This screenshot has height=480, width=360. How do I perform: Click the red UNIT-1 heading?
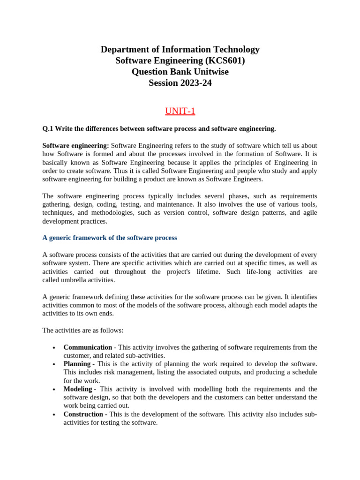[x=180, y=111]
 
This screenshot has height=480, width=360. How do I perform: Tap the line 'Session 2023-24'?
[x=180, y=83]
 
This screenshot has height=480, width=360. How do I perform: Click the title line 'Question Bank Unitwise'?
[x=180, y=72]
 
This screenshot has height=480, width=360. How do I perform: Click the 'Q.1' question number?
[x=48, y=128]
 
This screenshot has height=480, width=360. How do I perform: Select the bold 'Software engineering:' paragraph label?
[x=75, y=146]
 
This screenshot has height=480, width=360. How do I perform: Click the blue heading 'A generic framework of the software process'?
[x=110, y=238]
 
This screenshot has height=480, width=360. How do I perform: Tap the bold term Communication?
[x=88, y=347]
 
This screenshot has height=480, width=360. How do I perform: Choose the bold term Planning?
[x=77, y=364]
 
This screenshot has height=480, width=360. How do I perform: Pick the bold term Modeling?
[x=78, y=389]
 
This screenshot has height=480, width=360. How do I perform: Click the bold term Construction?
[x=83, y=414]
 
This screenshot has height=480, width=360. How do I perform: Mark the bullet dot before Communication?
[x=54, y=348]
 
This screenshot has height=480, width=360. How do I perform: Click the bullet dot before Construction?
[x=54, y=415]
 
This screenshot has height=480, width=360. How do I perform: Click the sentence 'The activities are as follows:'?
[x=83, y=330]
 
